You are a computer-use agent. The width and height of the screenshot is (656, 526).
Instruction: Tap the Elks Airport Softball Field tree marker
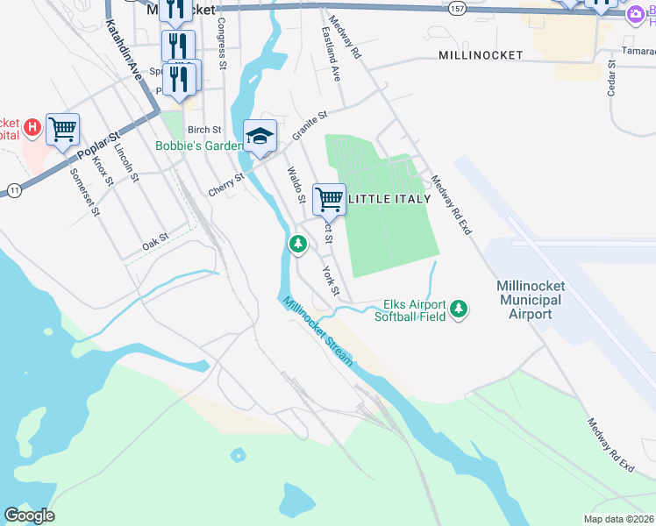(x=458, y=309)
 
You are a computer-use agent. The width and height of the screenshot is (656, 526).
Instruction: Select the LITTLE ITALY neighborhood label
(x=390, y=199)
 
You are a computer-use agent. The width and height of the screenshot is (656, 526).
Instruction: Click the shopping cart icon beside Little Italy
(x=329, y=199)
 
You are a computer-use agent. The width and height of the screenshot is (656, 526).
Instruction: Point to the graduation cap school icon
(x=260, y=135)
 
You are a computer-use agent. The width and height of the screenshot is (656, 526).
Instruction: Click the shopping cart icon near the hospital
(x=63, y=130)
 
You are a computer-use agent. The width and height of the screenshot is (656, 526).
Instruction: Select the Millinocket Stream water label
(x=317, y=331)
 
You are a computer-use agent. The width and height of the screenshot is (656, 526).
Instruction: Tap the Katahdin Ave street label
(x=123, y=52)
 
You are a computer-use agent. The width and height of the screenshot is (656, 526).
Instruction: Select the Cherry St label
(x=226, y=182)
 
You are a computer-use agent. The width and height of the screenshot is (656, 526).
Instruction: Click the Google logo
(x=29, y=515)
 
